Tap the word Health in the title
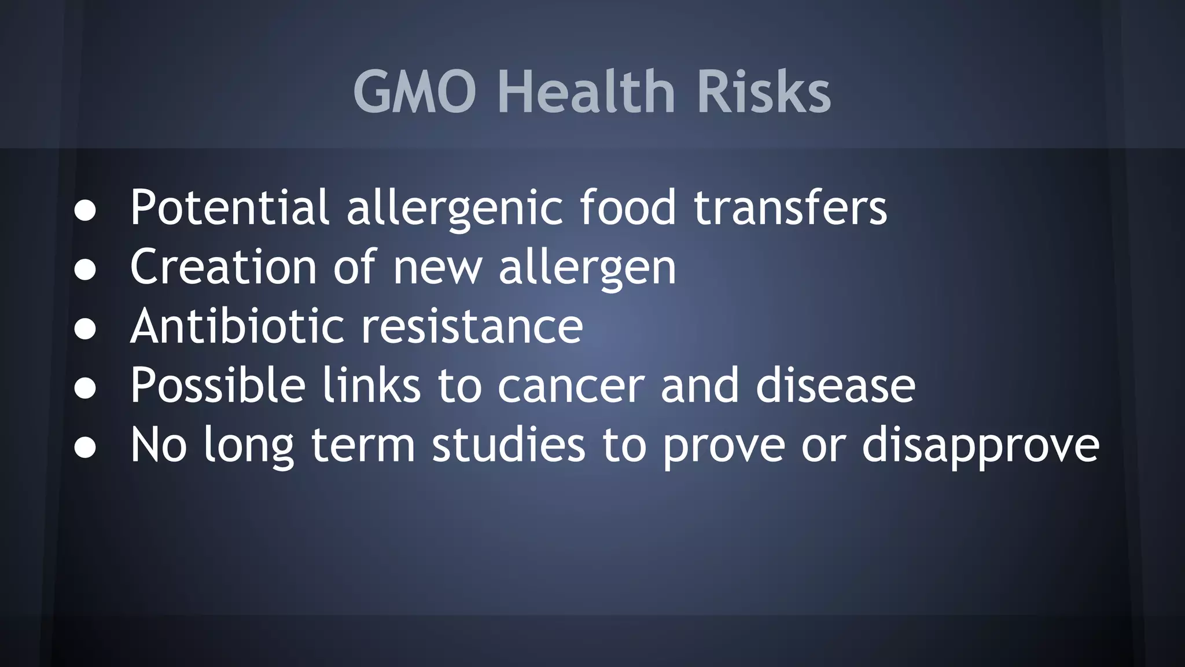click(x=587, y=92)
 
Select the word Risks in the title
click(x=764, y=92)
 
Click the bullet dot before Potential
click(x=85, y=211)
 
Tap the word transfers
click(x=790, y=207)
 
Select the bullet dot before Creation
click(x=85, y=270)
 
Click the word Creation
click(x=223, y=267)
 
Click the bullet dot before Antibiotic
click(x=85, y=329)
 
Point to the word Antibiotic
click(x=238, y=326)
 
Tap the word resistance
click(x=472, y=326)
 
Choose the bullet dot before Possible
click(x=85, y=389)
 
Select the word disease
click(x=836, y=385)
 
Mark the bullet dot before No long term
click(x=85, y=448)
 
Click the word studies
click(x=509, y=445)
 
